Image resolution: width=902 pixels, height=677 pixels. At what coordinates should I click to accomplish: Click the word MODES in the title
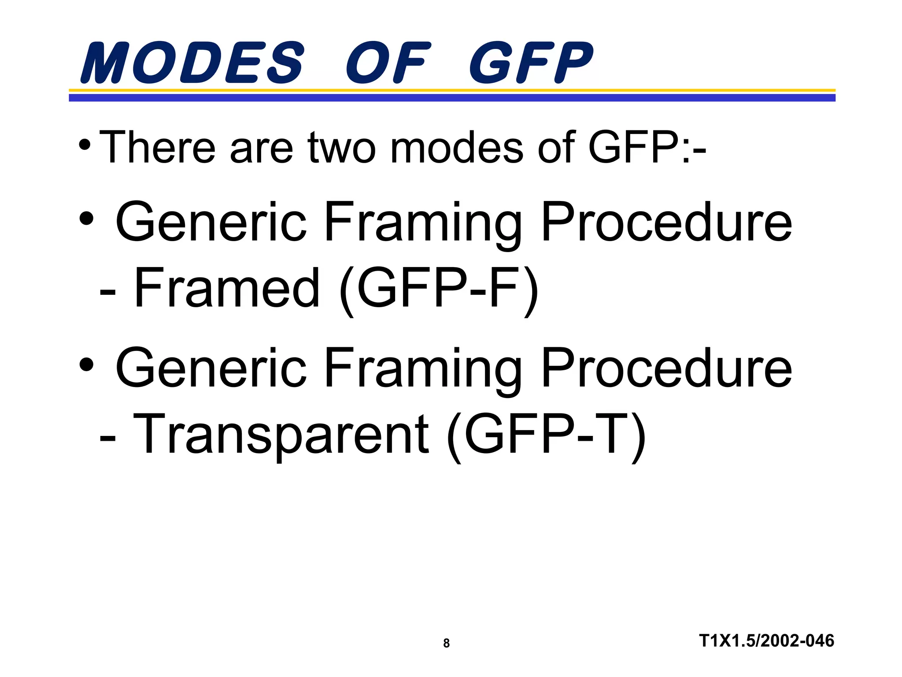point(192,63)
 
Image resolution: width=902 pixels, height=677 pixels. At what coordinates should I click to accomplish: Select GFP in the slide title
point(531,63)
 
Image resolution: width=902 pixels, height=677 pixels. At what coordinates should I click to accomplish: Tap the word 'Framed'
point(226,288)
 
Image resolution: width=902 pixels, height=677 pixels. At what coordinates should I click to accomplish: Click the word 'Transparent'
point(280,434)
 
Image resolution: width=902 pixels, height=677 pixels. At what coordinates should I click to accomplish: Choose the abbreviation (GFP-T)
point(546,435)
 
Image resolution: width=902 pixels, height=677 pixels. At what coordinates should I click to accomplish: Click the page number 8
point(446,644)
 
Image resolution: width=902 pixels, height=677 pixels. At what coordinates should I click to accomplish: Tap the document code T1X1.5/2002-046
point(766,640)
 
